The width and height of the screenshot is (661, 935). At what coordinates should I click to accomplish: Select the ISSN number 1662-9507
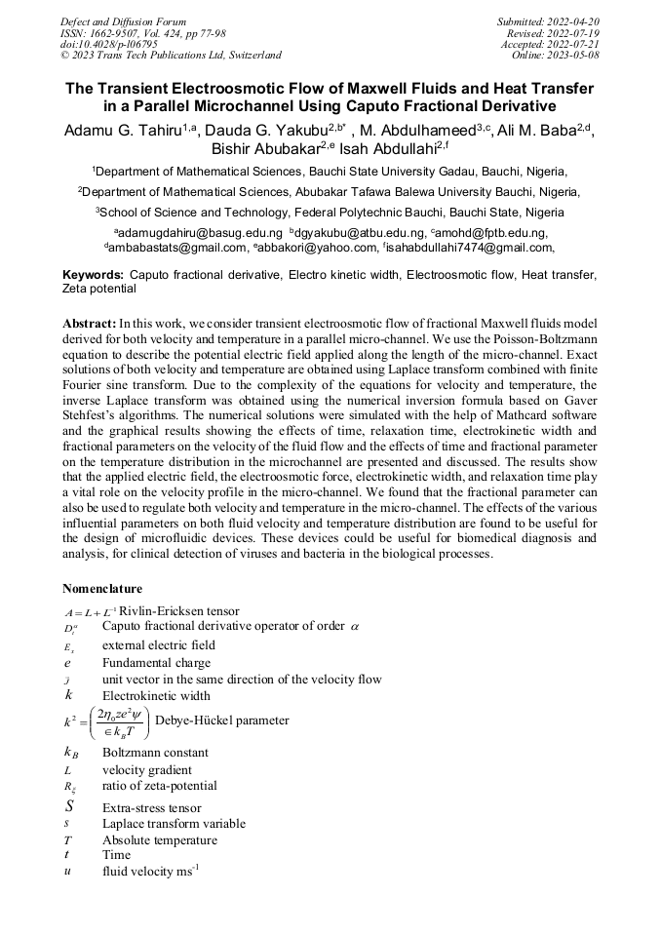click(111, 32)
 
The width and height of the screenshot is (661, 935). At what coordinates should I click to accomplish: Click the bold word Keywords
click(94, 275)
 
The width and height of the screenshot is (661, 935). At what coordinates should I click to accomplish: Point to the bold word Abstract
click(90, 322)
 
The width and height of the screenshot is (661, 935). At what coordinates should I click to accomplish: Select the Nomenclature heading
click(102, 589)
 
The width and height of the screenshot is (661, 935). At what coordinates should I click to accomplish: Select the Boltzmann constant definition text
click(155, 753)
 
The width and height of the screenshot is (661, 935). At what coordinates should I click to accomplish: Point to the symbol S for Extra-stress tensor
click(69, 806)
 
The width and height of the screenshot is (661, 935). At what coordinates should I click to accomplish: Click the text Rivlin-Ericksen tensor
click(178, 611)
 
